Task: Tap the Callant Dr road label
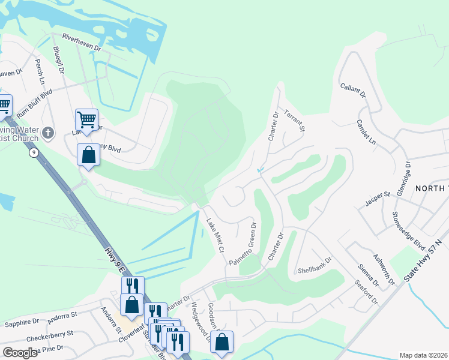(x=353, y=91)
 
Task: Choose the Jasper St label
(x=378, y=199)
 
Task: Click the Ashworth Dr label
(x=384, y=269)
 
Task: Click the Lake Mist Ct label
(x=215, y=235)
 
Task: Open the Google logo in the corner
(x=20, y=353)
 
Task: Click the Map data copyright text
(x=423, y=355)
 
